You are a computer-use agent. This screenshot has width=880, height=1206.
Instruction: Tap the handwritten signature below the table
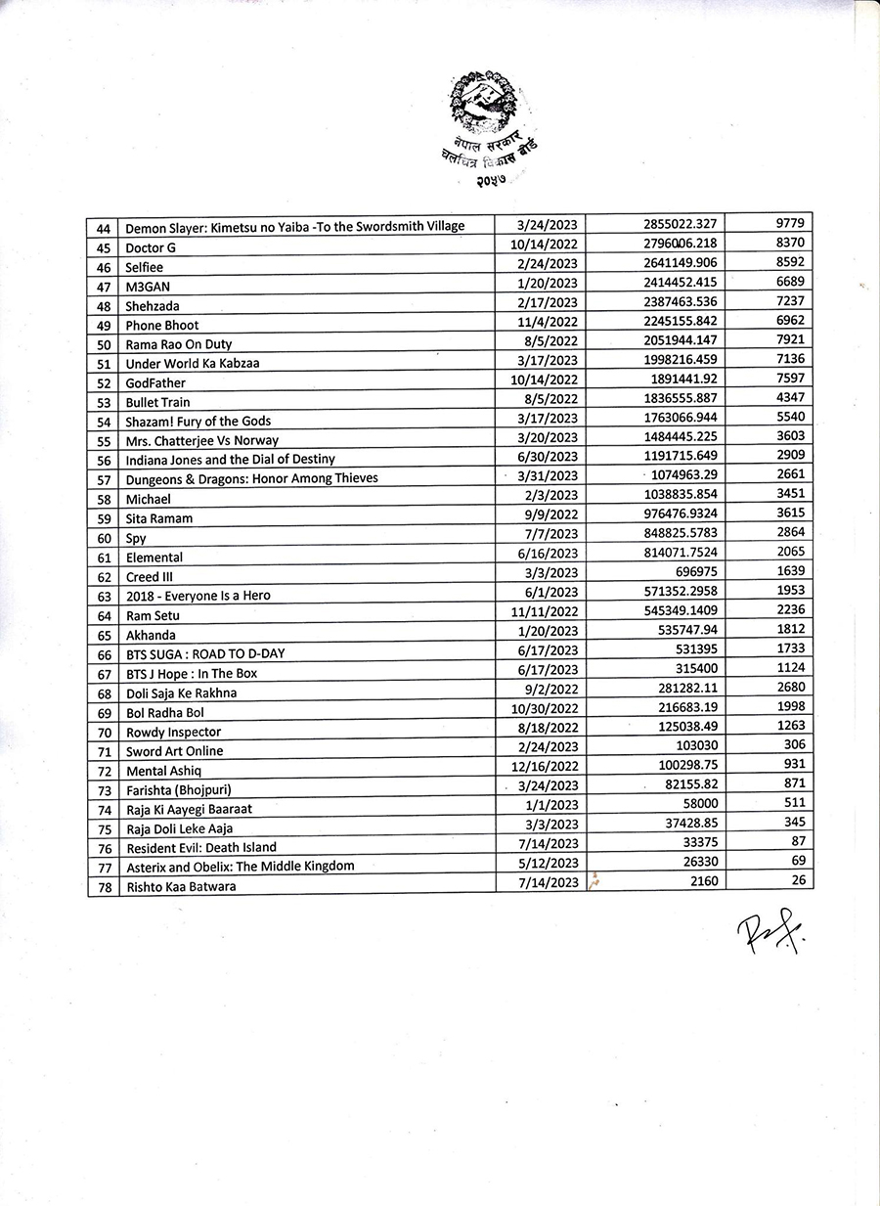pyautogui.click(x=770, y=938)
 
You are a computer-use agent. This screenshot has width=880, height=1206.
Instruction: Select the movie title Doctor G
pyautogui.click(x=151, y=247)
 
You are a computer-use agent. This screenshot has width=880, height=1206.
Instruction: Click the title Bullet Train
pyautogui.click(x=158, y=402)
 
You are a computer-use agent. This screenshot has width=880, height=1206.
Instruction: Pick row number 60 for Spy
pyautogui.click(x=103, y=538)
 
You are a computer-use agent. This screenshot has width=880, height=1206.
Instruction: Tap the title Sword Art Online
pyautogui.click(x=174, y=751)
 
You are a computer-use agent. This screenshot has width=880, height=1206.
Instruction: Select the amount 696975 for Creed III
pyautogui.click(x=696, y=571)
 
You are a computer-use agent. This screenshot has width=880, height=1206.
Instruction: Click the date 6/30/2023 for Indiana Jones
pyautogui.click(x=547, y=456)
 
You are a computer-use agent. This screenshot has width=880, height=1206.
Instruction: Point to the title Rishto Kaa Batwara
pyautogui.click(x=181, y=886)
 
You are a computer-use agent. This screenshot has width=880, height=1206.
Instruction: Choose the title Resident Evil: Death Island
pyautogui.click(x=201, y=847)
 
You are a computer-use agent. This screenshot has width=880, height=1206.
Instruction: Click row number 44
pyautogui.click(x=103, y=228)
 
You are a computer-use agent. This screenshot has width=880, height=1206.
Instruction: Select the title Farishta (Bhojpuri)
pyautogui.click(x=179, y=789)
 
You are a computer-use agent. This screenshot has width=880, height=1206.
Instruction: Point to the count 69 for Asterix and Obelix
pyautogui.click(x=796, y=861)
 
